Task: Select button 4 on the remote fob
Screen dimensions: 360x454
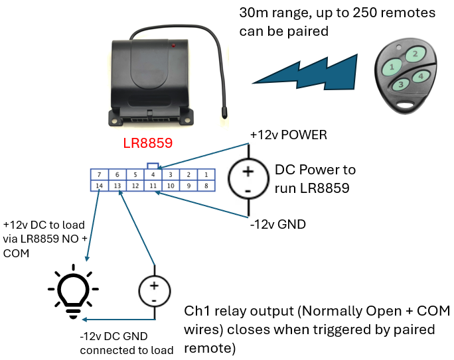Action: point(419,76)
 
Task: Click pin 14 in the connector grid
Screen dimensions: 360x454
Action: point(99,186)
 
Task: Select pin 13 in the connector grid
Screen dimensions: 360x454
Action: point(117,186)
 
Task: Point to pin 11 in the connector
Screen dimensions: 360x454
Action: point(153,186)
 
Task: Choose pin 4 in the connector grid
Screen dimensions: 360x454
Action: point(153,174)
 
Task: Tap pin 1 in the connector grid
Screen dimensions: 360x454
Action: point(206,174)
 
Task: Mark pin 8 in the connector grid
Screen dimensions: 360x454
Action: point(206,186)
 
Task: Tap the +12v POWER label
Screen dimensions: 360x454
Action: point(288,135)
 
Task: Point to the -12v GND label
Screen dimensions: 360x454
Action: point(278,225)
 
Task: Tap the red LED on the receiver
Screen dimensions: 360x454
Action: point(173,46)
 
